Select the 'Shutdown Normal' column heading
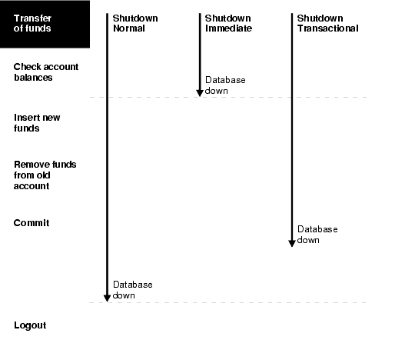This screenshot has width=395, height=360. (x=135, y=23)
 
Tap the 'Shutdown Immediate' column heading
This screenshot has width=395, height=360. (x=228, y=23)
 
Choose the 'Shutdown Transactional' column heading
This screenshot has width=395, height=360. (x=327, y=23)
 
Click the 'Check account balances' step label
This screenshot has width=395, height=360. (x=46, y=72)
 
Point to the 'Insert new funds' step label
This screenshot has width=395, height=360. (x=37, y=123)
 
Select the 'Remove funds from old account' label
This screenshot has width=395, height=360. (x=45, y=175)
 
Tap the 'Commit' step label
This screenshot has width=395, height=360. (x=32, y=223)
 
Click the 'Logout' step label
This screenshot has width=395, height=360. (x=30, y=325)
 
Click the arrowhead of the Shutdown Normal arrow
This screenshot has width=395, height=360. (x=107, y=297)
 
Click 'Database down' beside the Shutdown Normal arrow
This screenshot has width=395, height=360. (x=132, y=290)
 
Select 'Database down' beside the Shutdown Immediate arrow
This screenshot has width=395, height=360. (x=224, y=85)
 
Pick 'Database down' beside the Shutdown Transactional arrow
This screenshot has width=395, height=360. (x=317, y=235)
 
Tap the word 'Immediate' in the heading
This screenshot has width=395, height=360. (x=228, y=28)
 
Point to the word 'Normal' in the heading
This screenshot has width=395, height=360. (x=129, y=28)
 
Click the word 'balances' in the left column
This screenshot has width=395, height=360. (x=34, y=78)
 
